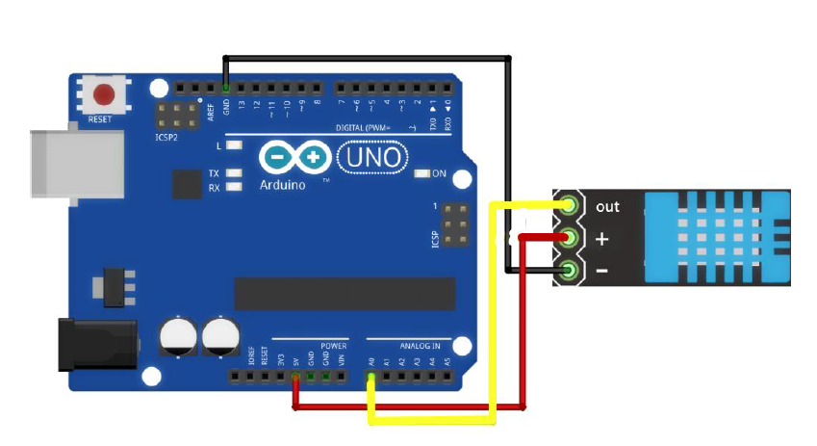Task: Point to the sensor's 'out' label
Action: [x=607, y=206]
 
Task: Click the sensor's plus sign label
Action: [x=603, y=239]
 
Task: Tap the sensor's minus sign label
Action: [x=601, y=272]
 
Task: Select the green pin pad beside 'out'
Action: [x=570, y=205]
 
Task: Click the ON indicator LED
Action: [x=421, y=174]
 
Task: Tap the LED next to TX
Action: [x=232, y=173]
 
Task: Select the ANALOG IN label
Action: [x=420, y=345]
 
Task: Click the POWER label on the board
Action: [x=333, y=345]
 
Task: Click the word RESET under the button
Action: [x=100, y=119]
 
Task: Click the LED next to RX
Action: [x=232, y=187]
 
